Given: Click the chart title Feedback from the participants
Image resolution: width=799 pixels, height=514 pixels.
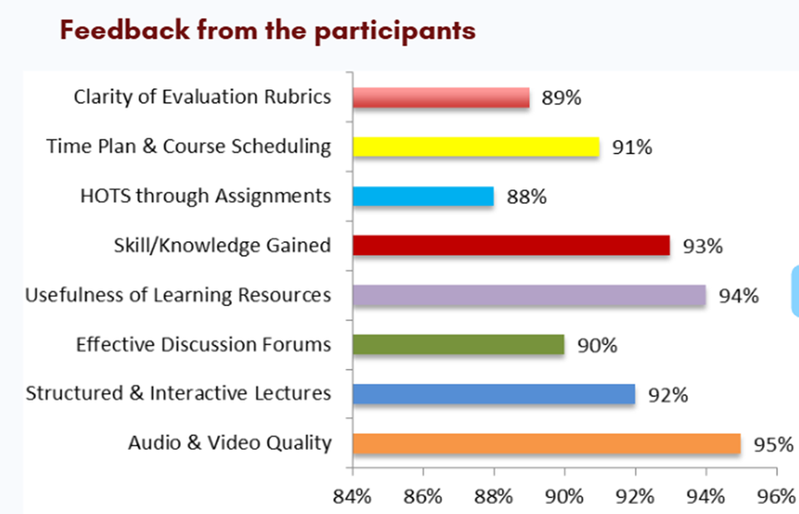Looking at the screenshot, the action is pos(268,31).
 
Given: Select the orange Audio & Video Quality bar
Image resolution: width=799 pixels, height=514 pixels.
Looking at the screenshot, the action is pos(547,444).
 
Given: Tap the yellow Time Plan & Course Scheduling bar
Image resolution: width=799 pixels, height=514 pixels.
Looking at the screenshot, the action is pos(476,147).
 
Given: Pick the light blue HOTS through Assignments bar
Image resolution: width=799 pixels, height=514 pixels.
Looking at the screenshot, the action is pos(423,196).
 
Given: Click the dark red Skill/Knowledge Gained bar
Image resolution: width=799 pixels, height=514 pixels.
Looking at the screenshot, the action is pos(511,246).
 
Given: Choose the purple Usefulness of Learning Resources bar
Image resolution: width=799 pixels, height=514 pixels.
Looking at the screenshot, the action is pos(529,295).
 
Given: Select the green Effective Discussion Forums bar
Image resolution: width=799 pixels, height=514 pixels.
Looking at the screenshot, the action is pos(458,345).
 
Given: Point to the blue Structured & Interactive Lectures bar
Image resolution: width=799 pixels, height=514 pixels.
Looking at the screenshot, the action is pos(494,394).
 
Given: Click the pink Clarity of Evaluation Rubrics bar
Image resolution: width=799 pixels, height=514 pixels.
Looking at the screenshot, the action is pos(440,98).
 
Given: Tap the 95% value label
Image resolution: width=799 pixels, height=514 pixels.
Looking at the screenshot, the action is pos(773,445).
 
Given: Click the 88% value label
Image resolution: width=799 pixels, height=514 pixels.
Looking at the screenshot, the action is pos(526,197).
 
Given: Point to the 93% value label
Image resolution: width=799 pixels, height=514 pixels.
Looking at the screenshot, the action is pos(703,246).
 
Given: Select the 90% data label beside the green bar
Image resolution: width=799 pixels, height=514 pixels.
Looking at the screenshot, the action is pos(597,345).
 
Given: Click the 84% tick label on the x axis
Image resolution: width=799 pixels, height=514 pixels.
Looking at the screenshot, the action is pos(352,496).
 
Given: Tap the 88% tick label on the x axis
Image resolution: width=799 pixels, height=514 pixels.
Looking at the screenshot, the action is pos(493,496).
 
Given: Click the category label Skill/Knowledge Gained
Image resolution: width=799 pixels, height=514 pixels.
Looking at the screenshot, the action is pos(222,246).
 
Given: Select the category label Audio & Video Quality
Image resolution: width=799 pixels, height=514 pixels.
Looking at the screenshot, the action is pos(230,443).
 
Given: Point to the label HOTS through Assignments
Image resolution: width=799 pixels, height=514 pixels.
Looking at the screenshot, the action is pos(206,196).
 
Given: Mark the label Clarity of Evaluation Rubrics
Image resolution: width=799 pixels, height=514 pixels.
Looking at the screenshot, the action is pos(203,97).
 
